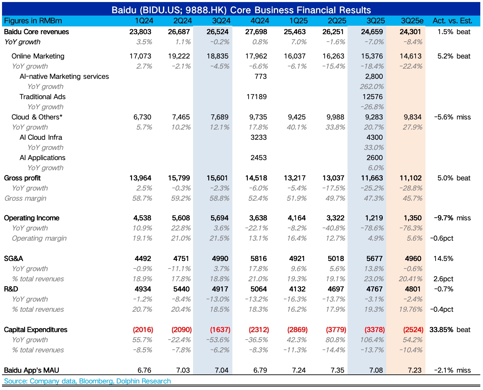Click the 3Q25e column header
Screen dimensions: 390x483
pos(412,21)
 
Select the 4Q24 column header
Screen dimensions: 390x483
pos(260,21)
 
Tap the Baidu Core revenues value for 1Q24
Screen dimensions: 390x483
pos(140,32)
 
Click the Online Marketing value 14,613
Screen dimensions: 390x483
pos(411,56)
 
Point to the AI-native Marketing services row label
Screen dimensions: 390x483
pos(64,77)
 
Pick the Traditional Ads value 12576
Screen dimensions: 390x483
pos(373,97)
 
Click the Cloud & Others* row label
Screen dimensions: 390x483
pos(37,117)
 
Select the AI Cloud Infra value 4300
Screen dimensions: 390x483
pos(375,137)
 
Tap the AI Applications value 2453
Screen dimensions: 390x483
pos(258,158)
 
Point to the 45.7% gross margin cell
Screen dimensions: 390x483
pos(412,198)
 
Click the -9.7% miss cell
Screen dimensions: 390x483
pos(452,218)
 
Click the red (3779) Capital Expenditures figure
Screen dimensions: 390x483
pos(336,330)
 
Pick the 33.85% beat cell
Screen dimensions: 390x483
pos(450,330)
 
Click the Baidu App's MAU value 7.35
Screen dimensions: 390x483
pos(337,370)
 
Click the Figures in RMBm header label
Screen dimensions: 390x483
pos(33,21)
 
